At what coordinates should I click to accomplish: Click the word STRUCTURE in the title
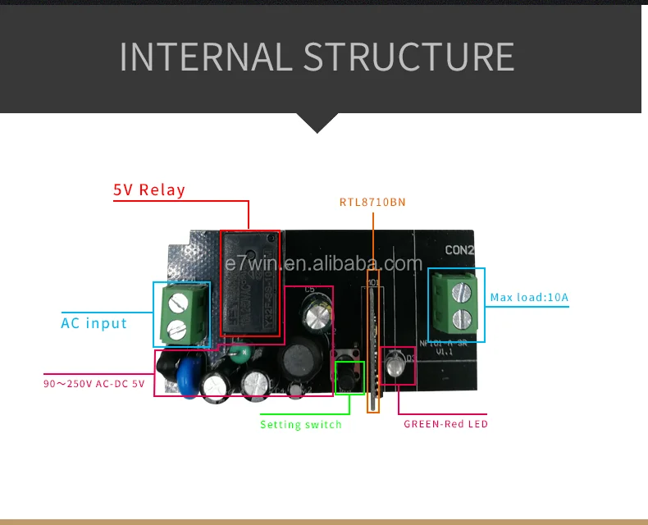click(408, 57)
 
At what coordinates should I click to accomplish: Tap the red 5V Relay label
click(149, 190)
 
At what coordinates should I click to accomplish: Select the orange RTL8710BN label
click(372, 202)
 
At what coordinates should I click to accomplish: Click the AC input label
click(94, 323)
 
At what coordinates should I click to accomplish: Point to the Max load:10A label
click(529, 298)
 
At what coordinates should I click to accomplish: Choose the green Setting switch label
click(300, 424)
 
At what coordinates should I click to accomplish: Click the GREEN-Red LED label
click(445, 424)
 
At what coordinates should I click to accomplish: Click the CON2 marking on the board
click(460, 250)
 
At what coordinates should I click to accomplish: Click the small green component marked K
click(238, 354)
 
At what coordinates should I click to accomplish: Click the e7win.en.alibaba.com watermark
click(323, 264)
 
